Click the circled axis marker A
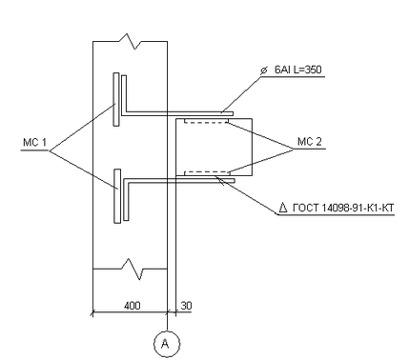pyautogui.click(x=167, y=344)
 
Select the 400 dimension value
pyautogui.click(x=132, y=306)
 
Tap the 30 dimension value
pyautogui.click(x=186, y=306)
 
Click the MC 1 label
pyautogui.click(x=34, y=143)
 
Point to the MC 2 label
pyautogui.click(x=310, y=142)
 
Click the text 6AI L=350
pyautogui.click(x=298, y=70)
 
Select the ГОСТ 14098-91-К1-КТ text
pyautogui.click(x=343, y=209)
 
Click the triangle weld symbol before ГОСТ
pyautogui.click(x=283, y=208)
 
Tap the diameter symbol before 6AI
pyautogui.click(x=263, y=70)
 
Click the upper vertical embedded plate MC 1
pyautogui.click(x=116, y=99)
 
